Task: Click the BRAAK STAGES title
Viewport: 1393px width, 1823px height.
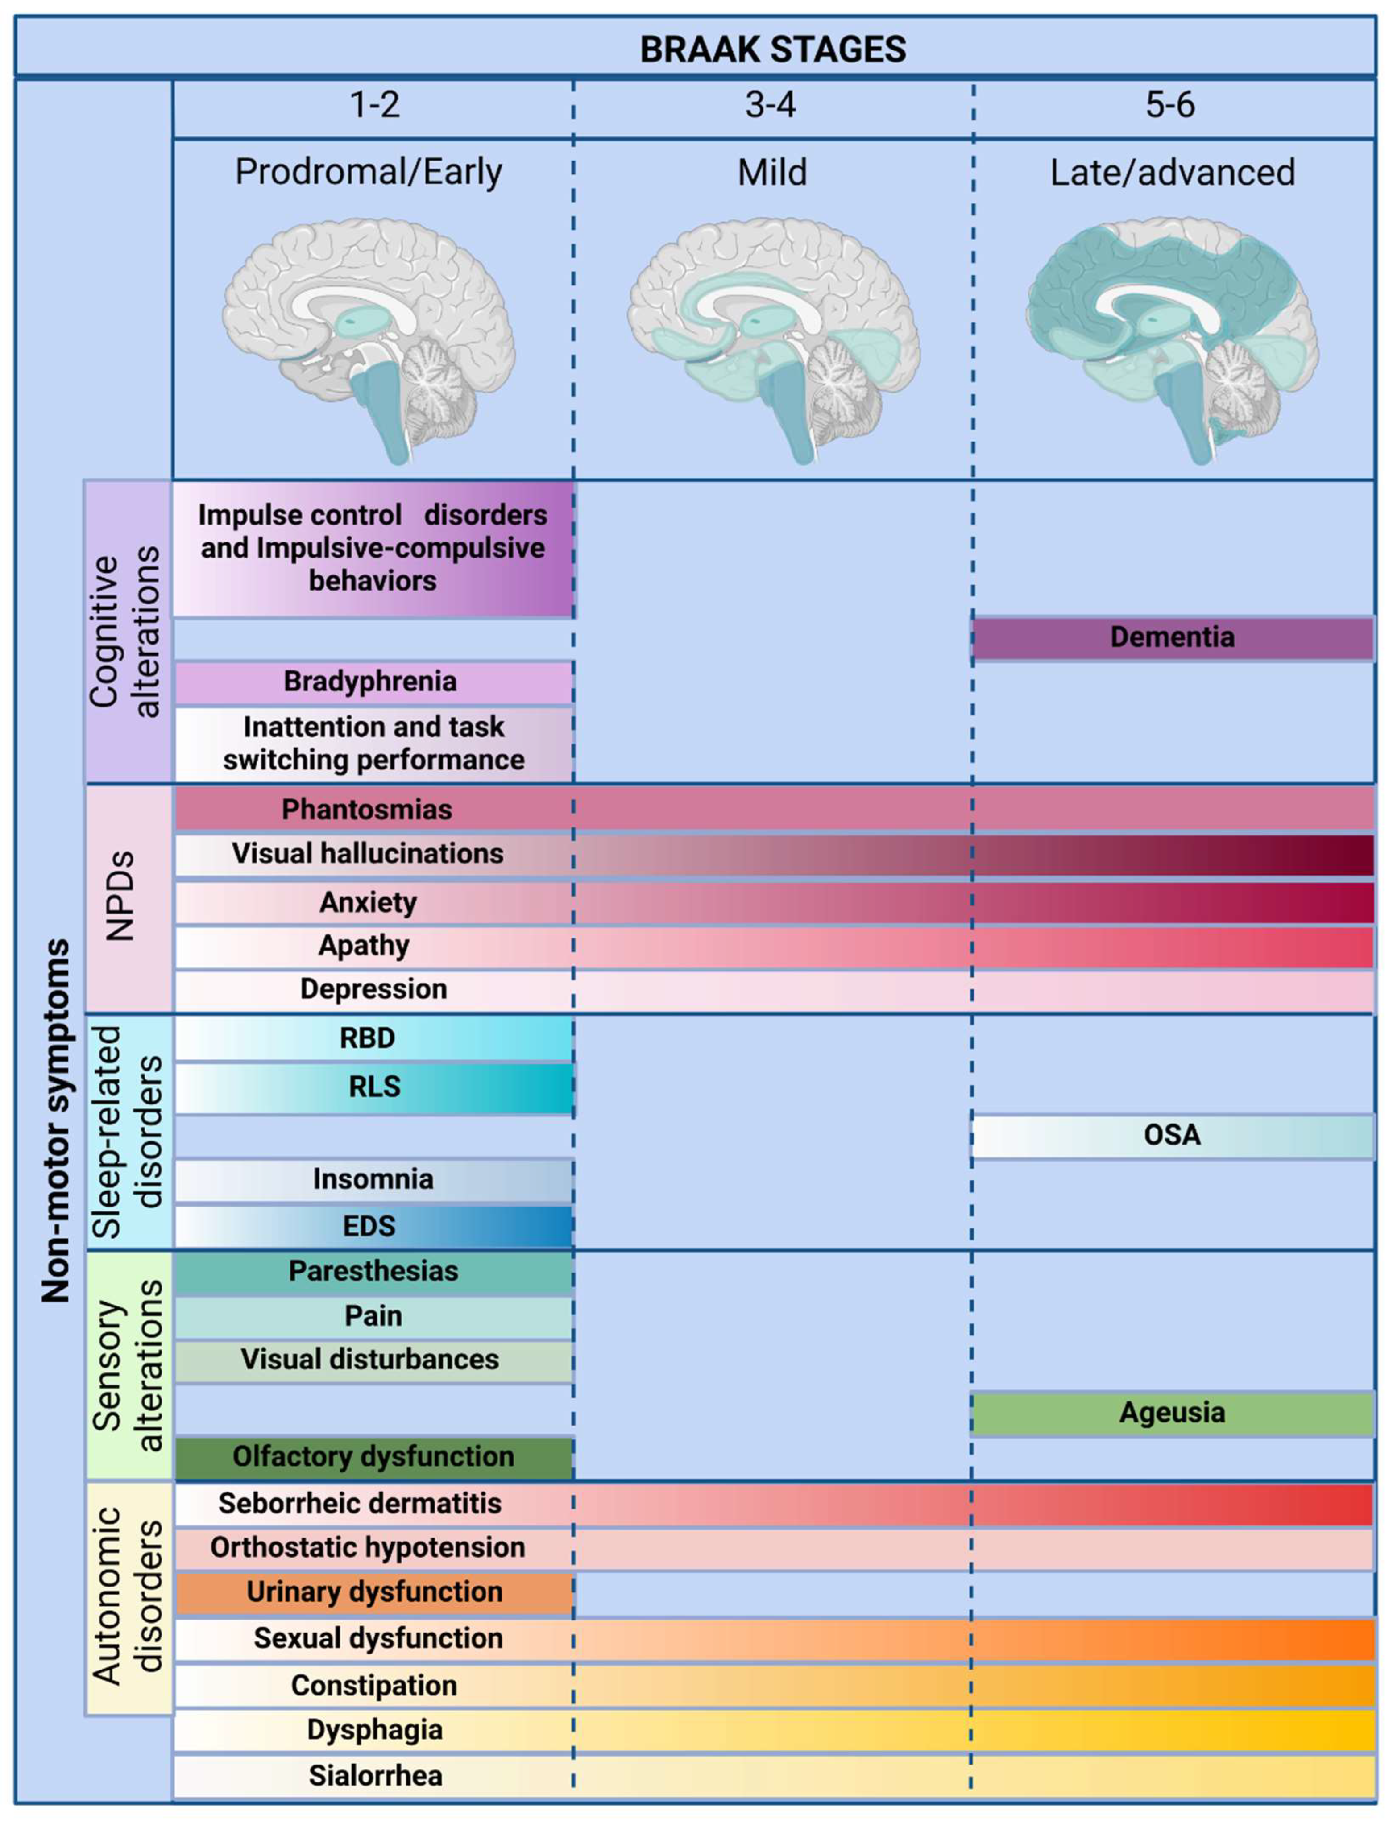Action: tap(773, 50)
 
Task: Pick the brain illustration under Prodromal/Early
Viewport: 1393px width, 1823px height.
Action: tap(369, 340)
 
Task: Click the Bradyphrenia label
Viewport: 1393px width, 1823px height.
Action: tap(370, 682)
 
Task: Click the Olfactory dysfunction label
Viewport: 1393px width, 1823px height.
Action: tap(373, 1457)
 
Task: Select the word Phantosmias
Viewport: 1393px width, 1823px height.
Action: tap(366, 810)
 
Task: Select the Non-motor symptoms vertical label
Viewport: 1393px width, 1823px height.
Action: tap(56, 1119)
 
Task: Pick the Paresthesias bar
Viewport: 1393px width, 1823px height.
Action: tap(373, 1272)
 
